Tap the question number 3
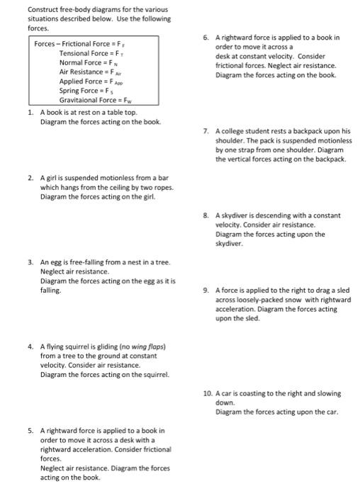click(30, 261)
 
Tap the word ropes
click(162, 187)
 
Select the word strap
click(253, 150)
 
